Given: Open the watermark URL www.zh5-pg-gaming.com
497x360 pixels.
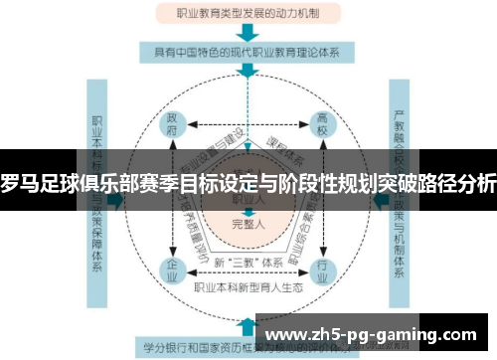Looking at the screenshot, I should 373,333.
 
